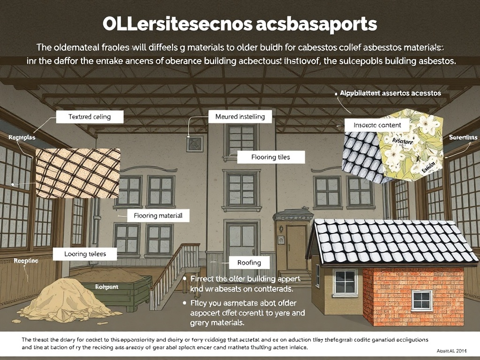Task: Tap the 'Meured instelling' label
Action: tap(240, 116)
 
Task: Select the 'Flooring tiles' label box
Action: tap(270, 157)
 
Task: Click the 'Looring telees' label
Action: tap(85, 254)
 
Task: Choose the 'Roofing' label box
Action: tap(249, 263)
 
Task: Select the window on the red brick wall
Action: tap(422, 300)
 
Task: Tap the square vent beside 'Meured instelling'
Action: tap(194, 144)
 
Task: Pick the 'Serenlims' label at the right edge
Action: tap(463, 137)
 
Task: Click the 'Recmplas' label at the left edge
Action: tap(19, 138)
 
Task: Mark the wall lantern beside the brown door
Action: tap(281, 229)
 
